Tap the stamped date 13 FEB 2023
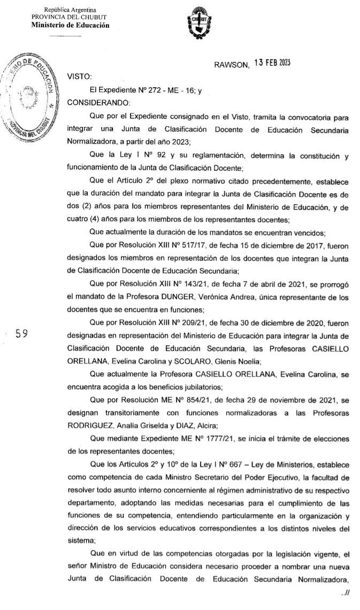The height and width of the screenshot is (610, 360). (272, 63)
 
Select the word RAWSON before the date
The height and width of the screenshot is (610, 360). (232, 65)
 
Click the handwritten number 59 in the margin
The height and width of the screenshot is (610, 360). (22, 334)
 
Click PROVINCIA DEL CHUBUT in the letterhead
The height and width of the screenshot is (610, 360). (70, 17)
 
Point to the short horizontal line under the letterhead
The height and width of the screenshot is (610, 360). (65, 36)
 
